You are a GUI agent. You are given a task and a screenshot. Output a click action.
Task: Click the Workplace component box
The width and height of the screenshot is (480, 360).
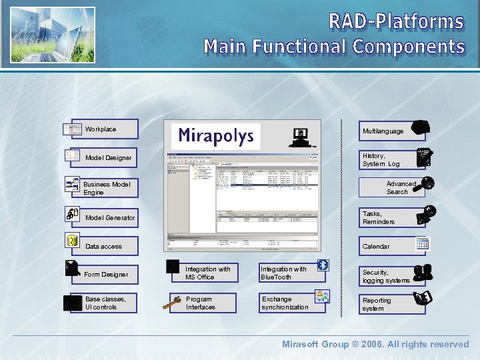[103, 129]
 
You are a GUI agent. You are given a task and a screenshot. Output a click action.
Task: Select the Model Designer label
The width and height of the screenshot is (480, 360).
[109, 158]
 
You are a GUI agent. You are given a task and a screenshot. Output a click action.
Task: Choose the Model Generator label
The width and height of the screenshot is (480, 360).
[110, 218]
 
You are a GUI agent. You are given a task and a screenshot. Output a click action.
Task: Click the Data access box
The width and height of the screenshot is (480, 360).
[105, 247]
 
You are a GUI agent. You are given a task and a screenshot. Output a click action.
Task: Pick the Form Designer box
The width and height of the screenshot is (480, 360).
[106, 275]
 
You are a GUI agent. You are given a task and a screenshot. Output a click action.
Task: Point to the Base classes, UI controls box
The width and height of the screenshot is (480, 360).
[105, 303]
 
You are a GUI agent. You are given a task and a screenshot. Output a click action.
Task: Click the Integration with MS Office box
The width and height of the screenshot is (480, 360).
[207, 273]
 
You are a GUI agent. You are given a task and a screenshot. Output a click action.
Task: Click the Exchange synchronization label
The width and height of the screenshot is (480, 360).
[285, 303]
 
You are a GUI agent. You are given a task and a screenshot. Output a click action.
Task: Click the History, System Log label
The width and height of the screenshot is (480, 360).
[381, 160]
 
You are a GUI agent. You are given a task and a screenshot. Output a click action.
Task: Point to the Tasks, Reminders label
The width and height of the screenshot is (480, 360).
[379, 218]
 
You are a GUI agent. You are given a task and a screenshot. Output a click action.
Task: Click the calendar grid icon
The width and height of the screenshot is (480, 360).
[422, 244]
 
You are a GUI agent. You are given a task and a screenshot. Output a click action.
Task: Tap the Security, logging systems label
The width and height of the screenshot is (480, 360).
[386, 277]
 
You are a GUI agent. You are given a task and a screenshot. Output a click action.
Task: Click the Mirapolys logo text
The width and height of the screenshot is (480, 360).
[216, 137]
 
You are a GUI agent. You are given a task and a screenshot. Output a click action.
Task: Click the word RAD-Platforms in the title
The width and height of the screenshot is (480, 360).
[396, 21]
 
